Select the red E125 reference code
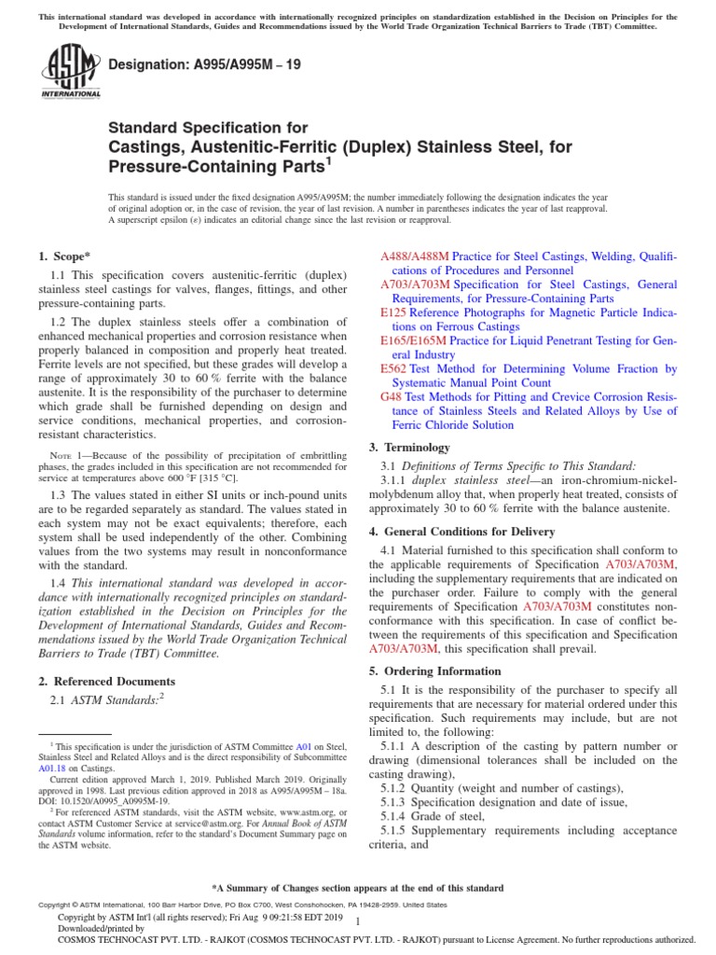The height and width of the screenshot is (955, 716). point(393,313)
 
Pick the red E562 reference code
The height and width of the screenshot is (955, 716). point(393,369)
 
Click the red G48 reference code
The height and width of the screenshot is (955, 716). point(391,397)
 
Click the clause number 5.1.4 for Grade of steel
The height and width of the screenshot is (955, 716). point(397,817)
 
